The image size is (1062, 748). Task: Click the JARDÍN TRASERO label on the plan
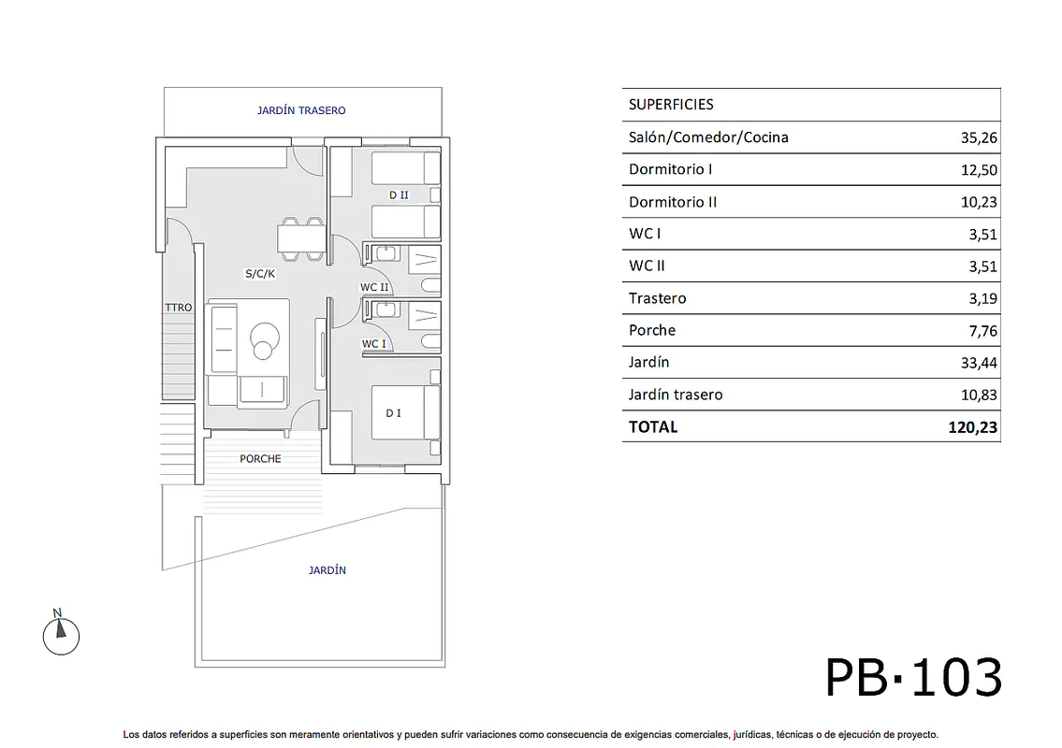(x=301, y=110)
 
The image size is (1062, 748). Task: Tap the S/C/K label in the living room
(x=260, y=273)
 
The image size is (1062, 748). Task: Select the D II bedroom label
(x=399, y=195)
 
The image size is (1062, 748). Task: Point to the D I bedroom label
(x=394, y=413)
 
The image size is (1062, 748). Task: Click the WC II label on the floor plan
(x=374, y=287)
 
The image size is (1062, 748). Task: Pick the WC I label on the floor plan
(x=374, y=344)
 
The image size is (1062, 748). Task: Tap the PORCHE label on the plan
(x=260, y=459)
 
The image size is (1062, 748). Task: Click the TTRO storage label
(x=179, y=308)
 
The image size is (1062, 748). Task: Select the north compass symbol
(x=61, y=633)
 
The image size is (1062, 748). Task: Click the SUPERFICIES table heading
(x=671, y=104)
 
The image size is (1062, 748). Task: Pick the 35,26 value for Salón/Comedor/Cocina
(x=979, y=138)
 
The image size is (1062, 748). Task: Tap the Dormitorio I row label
(x=671, y=169)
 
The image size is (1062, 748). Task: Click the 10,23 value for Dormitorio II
(x=979, y=202)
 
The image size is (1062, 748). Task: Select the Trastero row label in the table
(x=657, y=298)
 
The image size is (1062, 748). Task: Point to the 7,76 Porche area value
(x=982, y=331)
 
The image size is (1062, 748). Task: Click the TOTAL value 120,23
(x=972, y=427)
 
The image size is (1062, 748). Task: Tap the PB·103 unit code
(x=913, y=677)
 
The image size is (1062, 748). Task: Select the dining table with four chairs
(x=302, y=239)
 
